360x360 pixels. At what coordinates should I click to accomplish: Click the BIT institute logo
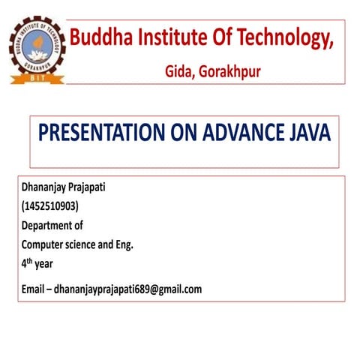[x=37, y=50]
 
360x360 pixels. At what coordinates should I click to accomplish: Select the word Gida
[x=180, y=72]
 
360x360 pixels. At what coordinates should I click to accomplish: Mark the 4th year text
[x=37, y=264]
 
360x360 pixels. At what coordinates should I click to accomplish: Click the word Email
[x=34, y=289]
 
